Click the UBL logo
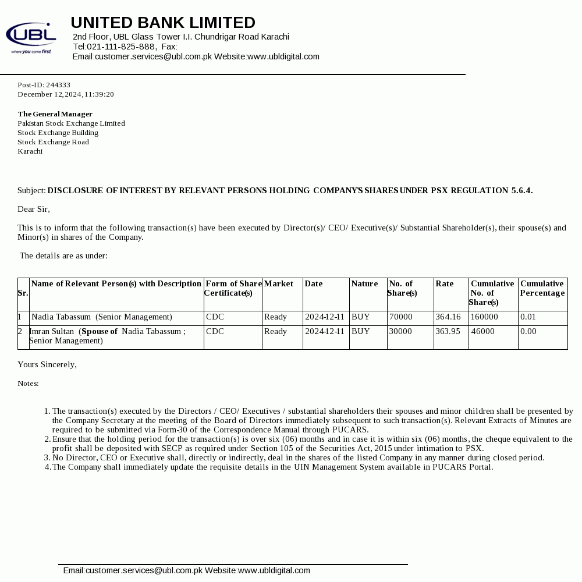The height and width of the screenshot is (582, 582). pyautogui.click(x=31, y=37)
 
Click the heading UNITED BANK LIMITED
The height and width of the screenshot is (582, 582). pyautogui.click(x=163, y=23)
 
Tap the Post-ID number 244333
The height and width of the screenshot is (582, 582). pyautogui.click(x=58, y=85)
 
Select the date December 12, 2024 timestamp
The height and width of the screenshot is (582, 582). pyautogui.click(x=66, y=94)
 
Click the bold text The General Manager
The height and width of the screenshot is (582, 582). pyautogui.click(x=55, y=114)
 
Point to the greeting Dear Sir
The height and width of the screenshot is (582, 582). pyautogui.click(x=34, y=209)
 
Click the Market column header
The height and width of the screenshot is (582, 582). pyautogui.click(x=279, y=284)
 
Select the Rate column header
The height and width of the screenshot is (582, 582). pyautogui.click(x=445, y=284)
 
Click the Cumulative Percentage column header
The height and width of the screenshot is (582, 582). pyautogui.click(x=542, y=288)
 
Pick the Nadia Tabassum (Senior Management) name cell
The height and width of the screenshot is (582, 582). pyautogui.click(x=102, y=317)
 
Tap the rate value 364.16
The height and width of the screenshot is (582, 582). pyautogui.click(x=448, y=317)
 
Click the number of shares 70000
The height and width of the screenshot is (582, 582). pyautogui.click(x=401, y=317)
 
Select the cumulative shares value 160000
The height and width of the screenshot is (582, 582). pyautogui.click(x=484, y=317)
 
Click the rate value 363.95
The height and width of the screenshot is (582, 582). pyautogui.click(x=448, y=332)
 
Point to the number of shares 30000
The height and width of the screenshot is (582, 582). pyautogui.click(x=400, y=332)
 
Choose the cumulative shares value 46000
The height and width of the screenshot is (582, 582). pyautogui.click(x=483, y=332)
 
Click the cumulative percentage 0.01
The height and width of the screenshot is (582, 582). pyautogui.click(x=528, y=317)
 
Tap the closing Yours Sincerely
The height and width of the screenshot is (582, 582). pyautogui.click(x=47, y=364)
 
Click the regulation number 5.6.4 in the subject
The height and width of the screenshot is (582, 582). pyautogui.click(x=521, y=191)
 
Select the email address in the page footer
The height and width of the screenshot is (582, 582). pyautogui.click(x=133, y=570)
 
